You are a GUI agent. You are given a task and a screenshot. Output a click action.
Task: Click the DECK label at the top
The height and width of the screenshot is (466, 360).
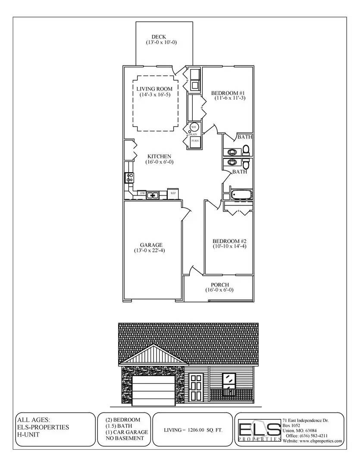point(159,37)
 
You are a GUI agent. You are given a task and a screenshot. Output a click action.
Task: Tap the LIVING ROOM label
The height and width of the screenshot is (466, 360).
point(154,89)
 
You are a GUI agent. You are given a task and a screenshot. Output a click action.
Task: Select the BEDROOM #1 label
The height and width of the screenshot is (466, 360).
point(228,93)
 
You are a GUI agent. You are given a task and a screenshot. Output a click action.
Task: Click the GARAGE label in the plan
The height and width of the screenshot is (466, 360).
point(151,245)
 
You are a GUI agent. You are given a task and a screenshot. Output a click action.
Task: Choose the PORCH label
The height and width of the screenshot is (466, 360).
point(219,285)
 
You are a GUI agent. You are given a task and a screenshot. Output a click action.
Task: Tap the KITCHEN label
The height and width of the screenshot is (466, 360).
point(159,156)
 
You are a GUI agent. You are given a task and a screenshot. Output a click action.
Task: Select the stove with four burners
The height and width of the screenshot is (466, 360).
point(129,177)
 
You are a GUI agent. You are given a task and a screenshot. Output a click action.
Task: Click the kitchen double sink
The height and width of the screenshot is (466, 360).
point(153,195)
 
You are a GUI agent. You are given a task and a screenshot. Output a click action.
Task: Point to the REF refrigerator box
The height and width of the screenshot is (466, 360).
point(173,194)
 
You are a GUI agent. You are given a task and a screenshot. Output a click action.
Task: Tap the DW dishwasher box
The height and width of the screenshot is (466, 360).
point(142,194)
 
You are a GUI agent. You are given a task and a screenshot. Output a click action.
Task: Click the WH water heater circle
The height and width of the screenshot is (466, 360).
point(194,127)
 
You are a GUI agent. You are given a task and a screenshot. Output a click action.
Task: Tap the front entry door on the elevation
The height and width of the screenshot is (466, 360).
point(196,387)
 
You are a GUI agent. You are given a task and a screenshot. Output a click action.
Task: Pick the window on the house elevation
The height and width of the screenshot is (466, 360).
point(229,381)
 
